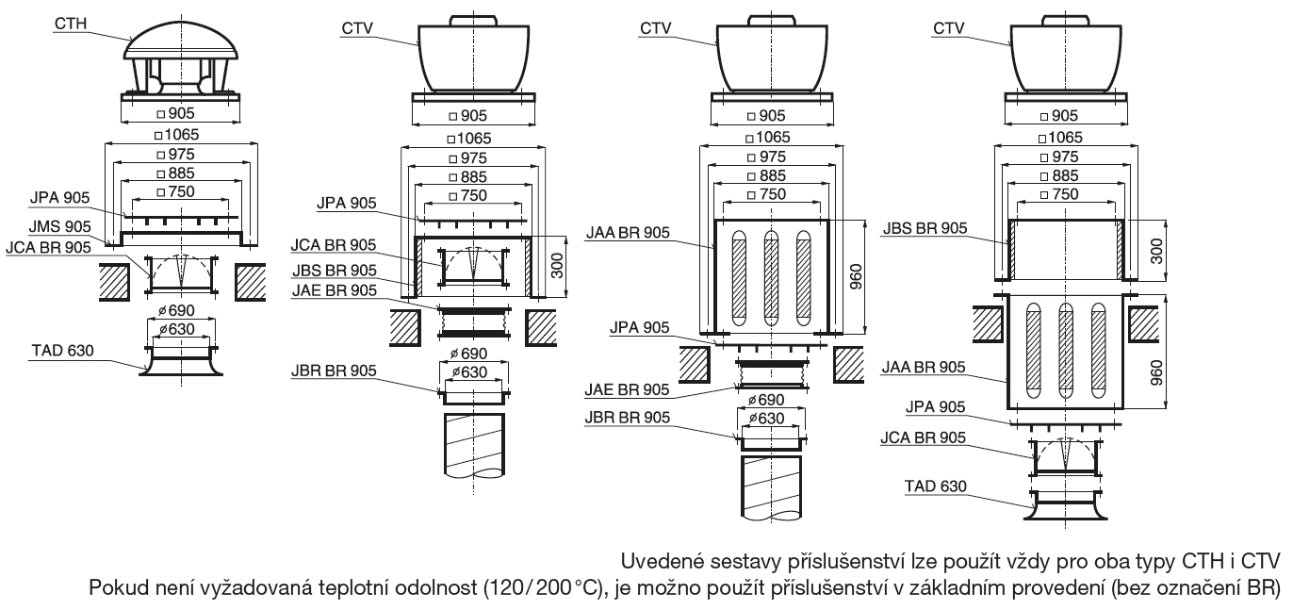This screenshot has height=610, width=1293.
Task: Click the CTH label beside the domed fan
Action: [70, 19]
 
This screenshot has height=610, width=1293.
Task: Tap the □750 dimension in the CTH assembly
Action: [180, 191]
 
